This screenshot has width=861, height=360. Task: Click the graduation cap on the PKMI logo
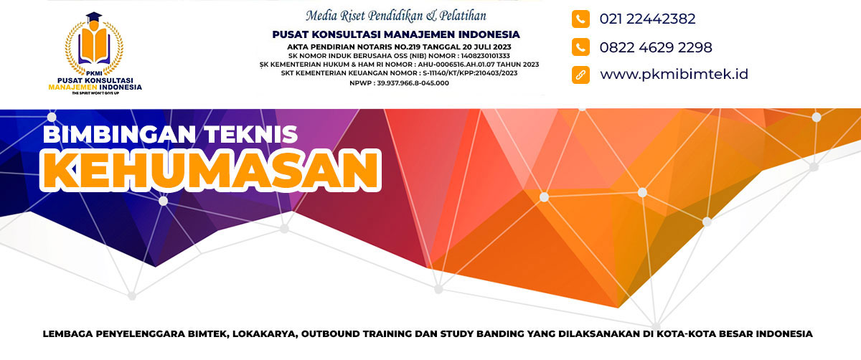pyautogui.click(x=94, y=17)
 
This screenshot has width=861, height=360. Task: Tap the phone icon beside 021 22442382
pyautogui.click(x=580, y=19)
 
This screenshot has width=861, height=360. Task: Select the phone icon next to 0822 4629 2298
pyautogui.click(x=580, y=47)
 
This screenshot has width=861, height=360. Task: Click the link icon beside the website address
pyautogui.click(x=580, y=75)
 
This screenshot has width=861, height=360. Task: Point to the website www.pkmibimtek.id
pyautogui.click(x=674, y=74)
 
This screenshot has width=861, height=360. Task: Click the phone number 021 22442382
pyautogui.click(x=647, y=19)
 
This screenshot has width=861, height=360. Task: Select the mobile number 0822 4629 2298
pyautogui.click(x=656, y=47)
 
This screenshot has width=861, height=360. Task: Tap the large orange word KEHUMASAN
pyautogui.click(x=211, y=170)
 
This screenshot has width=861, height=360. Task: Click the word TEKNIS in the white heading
pyautogui.click(x=250, y=134)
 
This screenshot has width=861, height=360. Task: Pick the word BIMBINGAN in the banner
pyautogui.click(x=120, y=134)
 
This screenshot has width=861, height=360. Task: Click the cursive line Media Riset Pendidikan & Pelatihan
pyautogui.click(x=396, y=16)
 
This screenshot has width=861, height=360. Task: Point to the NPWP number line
pyautogui.click(x=399, y=83)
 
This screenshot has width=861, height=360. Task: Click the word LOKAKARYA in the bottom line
pyautogui.click(x=265, y=334)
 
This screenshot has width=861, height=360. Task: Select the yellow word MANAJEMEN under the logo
pyautogui.click(x=72, y=87)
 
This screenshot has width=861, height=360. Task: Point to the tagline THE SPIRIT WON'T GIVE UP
pyautogui.click(x=95, y=93)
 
